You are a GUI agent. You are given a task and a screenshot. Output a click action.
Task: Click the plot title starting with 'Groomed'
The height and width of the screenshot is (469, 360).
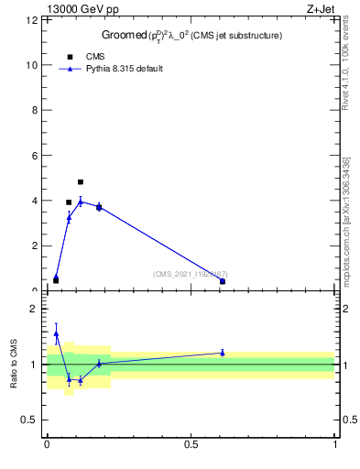191,35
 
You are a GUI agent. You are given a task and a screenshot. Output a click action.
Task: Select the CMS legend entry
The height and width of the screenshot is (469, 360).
94,57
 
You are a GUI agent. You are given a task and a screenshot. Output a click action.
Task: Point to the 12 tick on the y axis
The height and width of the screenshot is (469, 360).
35,20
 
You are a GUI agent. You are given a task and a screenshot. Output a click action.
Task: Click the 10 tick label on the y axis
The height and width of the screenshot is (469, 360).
35,65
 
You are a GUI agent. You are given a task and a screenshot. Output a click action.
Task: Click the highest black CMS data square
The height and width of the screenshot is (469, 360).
81,182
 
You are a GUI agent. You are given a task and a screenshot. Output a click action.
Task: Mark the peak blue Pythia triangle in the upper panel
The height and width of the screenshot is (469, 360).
81,202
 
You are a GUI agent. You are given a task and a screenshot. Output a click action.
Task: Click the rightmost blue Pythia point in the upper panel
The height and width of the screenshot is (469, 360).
223,281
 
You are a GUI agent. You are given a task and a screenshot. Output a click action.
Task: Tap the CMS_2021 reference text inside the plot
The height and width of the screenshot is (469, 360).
191,274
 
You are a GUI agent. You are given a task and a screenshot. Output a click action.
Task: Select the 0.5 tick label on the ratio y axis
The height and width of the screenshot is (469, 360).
32,420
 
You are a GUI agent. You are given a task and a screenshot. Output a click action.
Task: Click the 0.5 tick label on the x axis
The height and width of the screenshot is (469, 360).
191,444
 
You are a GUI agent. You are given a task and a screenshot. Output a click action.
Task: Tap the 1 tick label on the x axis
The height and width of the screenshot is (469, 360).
335,444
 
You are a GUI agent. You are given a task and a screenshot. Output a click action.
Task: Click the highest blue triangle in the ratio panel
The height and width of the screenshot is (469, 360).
56,334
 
